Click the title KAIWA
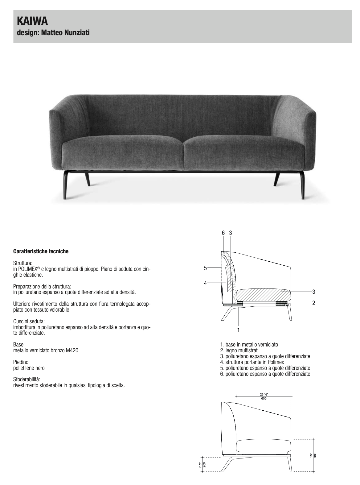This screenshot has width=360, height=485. [28, 21]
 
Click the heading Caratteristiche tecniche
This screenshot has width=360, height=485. [41, 251]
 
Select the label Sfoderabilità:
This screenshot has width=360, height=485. [27, 379]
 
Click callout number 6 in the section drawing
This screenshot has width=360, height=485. [223, 233]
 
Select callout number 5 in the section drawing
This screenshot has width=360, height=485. [205, 268]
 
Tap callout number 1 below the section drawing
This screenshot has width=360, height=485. [238, 330]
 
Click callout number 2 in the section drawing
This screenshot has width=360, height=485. [313, 303]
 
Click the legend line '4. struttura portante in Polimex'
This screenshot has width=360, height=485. [252, 362]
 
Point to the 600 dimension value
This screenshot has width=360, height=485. [264, 398]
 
